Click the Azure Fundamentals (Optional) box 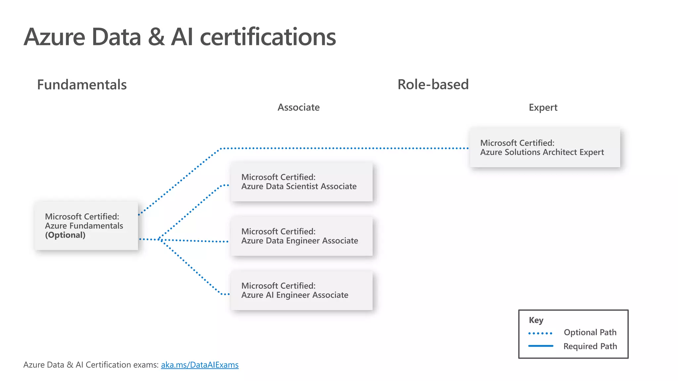coord(86,226)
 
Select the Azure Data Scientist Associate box coord(301,182)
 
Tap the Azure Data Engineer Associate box coord(301,236)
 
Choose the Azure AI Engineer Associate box coord(301,290)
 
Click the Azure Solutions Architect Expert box coord(545,148)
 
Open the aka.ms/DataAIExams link coord(200,365)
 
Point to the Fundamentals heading coord(82,85)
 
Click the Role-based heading coord(433,85)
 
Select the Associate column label coord(298,107)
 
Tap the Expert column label coord(543,107)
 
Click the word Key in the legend coord(536,320)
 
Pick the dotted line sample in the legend coord(540,333)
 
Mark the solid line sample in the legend coord(540,346)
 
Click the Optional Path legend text coord(590,332)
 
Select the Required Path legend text coord(590,346)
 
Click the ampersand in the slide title coord(156,37)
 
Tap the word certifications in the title coord(268,37)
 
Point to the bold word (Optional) coord(65,235)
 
